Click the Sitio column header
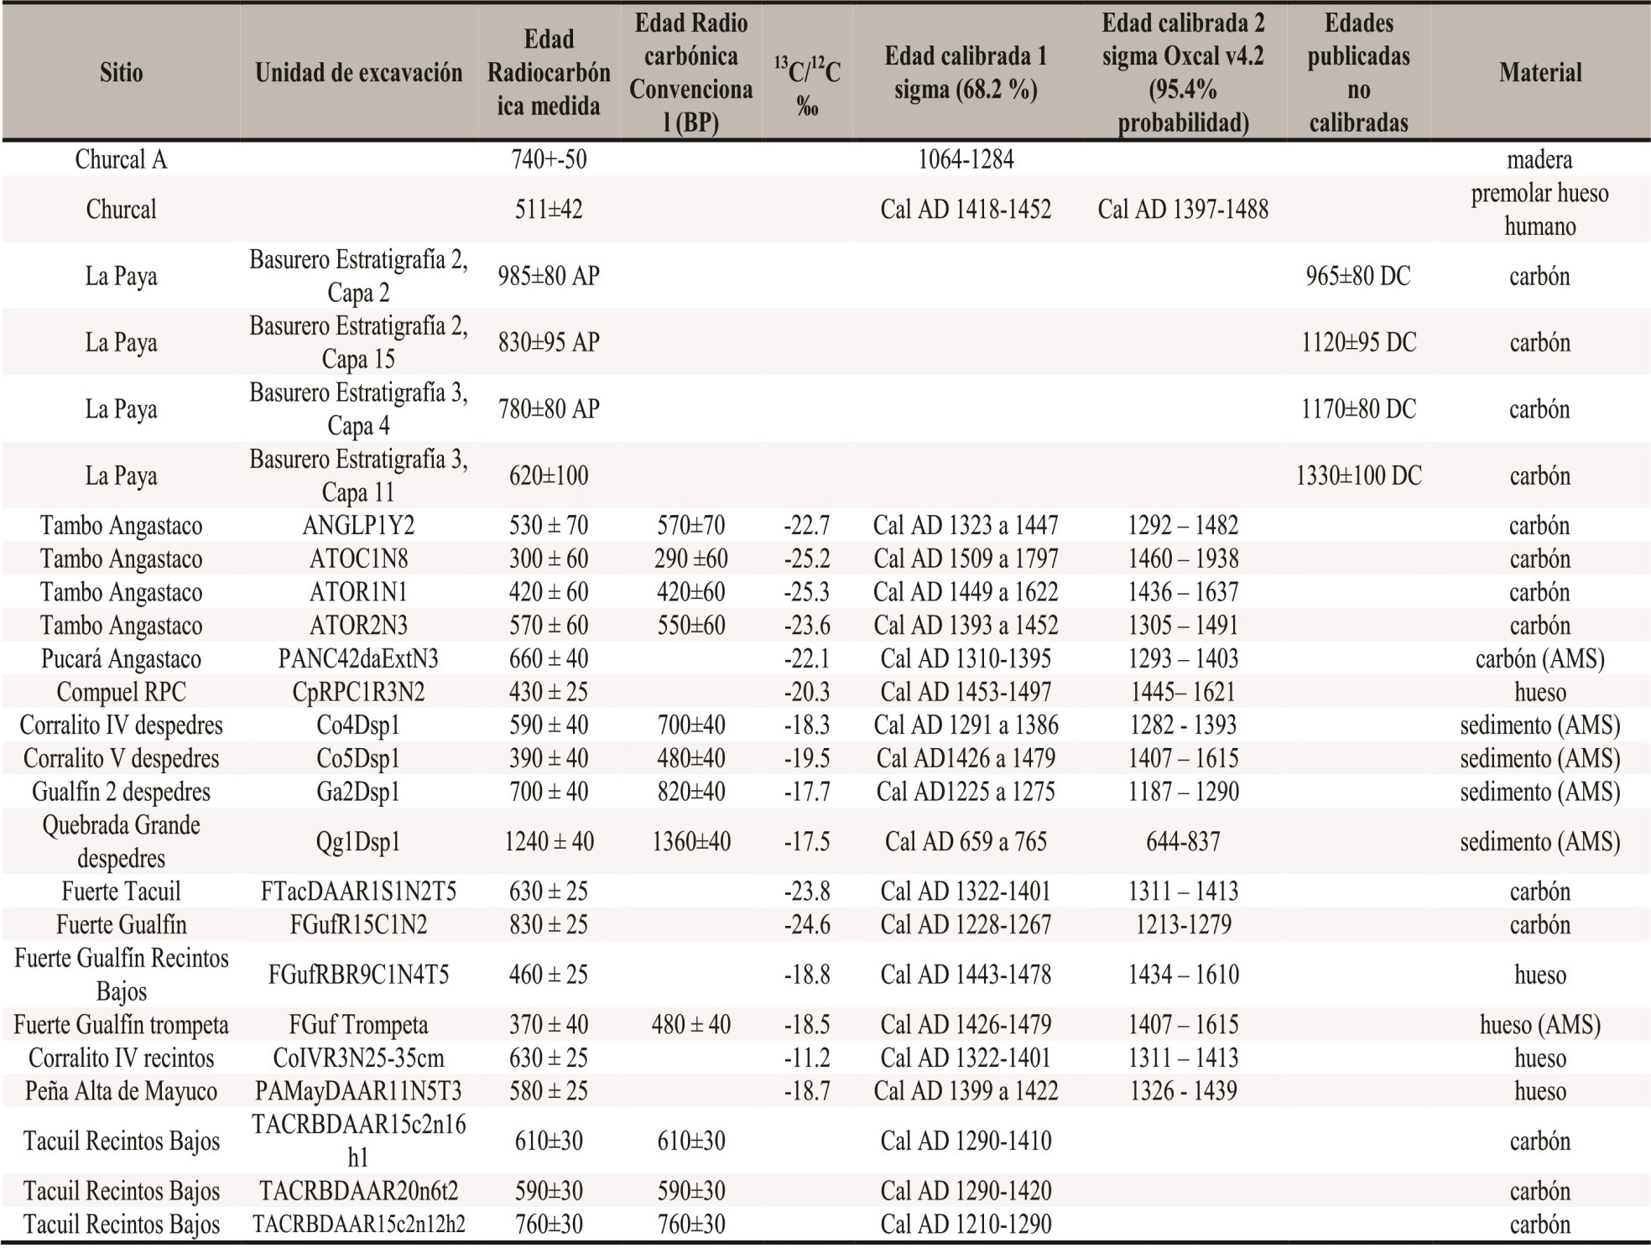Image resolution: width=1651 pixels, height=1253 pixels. [x=121, y=73]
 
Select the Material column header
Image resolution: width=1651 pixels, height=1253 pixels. [x=1540, y=73]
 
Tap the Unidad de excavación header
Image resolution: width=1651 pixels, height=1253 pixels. [x=358, y=73]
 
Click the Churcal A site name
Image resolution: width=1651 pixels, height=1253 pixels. [x=121, y=159]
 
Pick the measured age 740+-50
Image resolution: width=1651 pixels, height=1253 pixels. [x=549, y=159]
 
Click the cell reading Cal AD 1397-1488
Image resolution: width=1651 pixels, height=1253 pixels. [x=1183, y=209]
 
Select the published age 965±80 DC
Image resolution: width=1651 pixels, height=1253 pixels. [x=1358, y=276]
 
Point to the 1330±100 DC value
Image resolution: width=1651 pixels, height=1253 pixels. [x=1358, y=476]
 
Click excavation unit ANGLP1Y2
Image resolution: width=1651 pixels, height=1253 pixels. [x=358, y=526]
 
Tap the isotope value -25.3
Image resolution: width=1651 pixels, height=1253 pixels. [x=806, y=592]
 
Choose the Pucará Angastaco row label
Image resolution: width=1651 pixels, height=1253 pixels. [x=121, y=659]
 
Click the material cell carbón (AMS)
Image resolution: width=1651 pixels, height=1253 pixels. [x=1540, y=659]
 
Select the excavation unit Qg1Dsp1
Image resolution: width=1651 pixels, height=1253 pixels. [x=358, y=842]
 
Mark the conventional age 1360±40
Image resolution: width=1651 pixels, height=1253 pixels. [x=690, y=842]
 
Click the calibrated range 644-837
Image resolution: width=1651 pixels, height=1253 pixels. [x=1183, y=842]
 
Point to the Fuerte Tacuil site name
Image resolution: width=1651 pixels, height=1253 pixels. [x=121, y=892]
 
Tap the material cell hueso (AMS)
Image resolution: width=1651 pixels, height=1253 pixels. [x=1540, y=1025]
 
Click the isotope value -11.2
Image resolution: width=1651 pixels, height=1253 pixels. [x=806, y=1058]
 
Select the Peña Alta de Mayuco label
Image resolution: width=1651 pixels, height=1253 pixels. [x=121, y=1091]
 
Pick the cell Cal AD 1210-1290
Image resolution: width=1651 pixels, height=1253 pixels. [x=966, y=1224]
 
